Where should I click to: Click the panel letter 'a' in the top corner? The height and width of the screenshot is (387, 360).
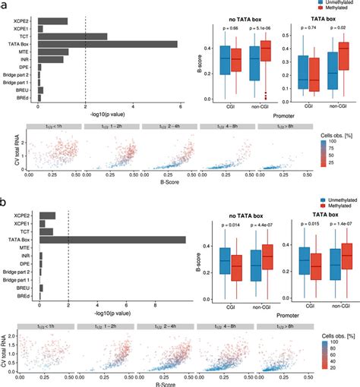5,6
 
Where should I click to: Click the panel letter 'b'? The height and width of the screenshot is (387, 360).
5,203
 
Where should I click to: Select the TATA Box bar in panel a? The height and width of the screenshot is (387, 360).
107,44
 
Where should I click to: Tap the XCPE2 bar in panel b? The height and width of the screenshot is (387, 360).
47,216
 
